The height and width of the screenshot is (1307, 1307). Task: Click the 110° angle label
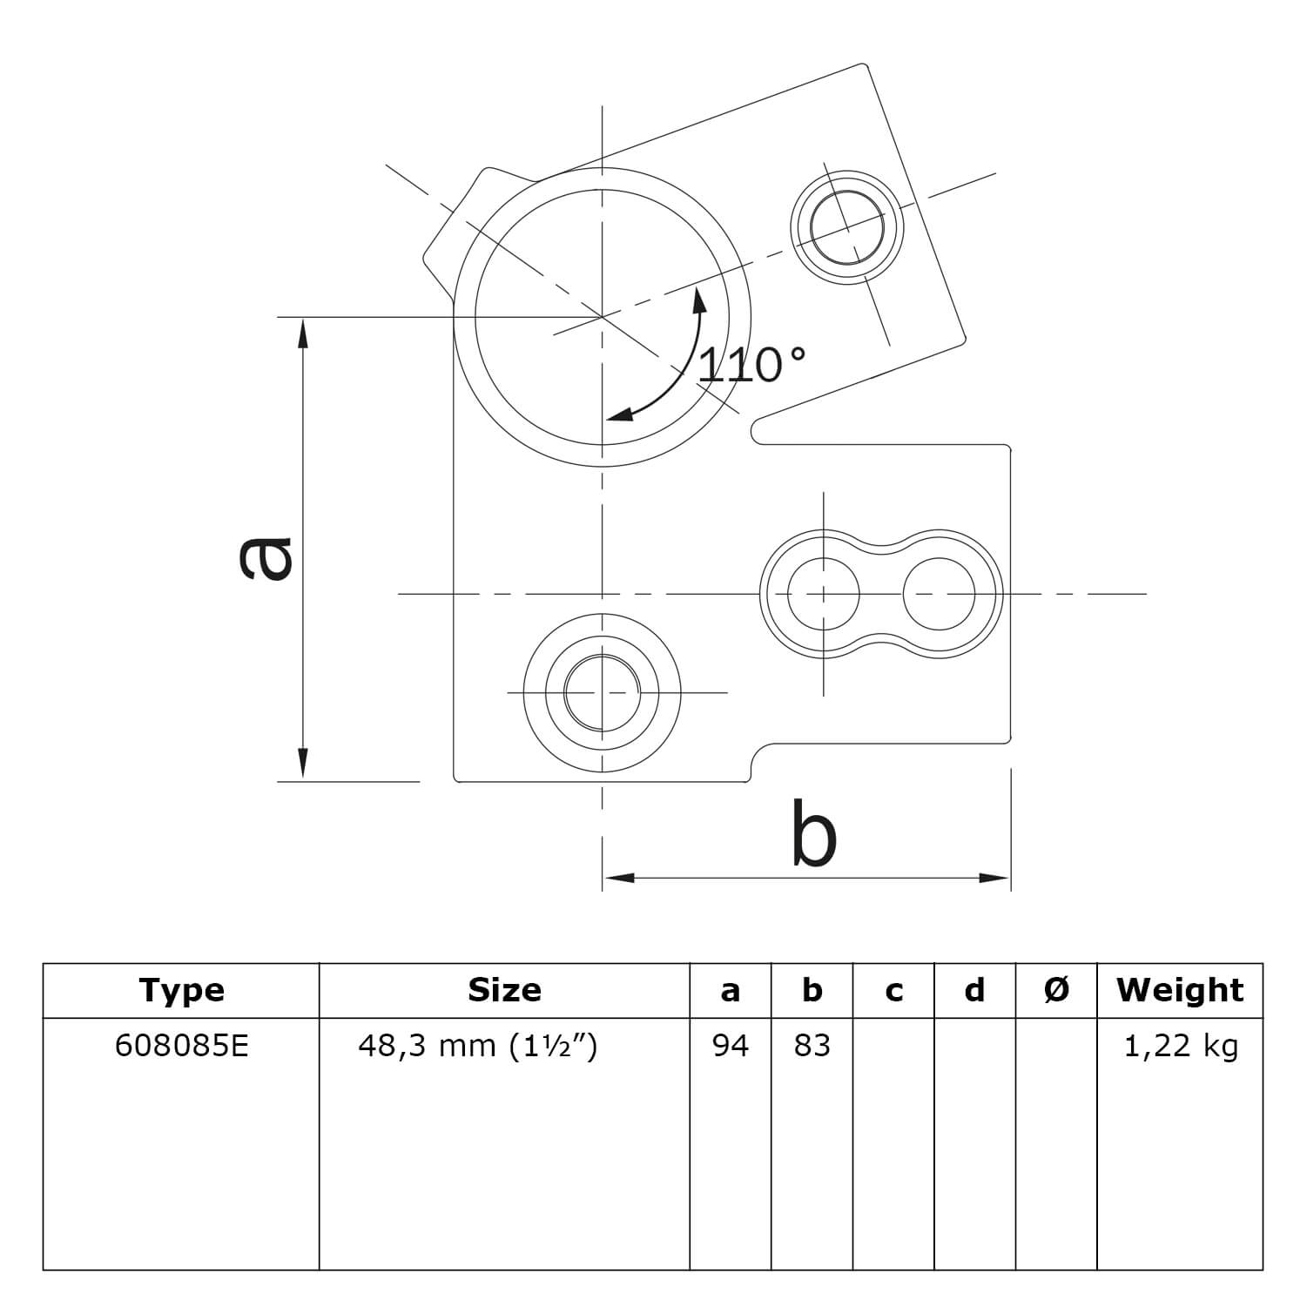(752, 365)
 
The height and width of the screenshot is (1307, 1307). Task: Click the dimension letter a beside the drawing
(266, 558)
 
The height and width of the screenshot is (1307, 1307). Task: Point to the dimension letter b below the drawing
(814, 833)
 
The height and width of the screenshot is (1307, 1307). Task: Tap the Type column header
(182, 990)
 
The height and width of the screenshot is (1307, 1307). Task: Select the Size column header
(504, 990)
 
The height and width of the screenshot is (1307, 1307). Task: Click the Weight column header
(1180, 990)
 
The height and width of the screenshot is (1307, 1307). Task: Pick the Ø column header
(1056, 990)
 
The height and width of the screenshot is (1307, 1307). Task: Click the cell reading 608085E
(182, 1045)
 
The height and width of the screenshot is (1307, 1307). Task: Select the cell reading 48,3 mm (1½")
(478, 1046)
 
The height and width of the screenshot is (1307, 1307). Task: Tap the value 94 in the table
(730, 1045)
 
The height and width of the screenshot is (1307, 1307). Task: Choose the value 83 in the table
(812, 1045)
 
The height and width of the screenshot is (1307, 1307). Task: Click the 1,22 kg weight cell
(1180, 1046)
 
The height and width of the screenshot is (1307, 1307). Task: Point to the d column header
(974, 990)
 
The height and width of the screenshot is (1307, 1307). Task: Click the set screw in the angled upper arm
(847, 226)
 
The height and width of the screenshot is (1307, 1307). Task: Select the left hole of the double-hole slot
(824, 594)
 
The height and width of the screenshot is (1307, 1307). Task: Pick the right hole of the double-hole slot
(940, 594)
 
